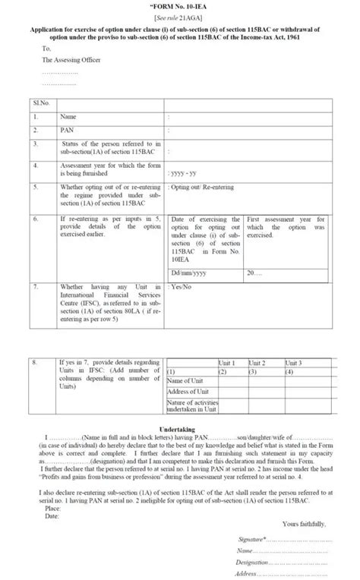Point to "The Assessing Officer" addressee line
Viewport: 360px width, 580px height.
71,58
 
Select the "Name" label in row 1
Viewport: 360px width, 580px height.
69,118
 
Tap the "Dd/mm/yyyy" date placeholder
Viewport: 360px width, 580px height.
190,271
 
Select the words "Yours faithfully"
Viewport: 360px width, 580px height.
305,524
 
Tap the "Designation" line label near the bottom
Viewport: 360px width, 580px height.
253,563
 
